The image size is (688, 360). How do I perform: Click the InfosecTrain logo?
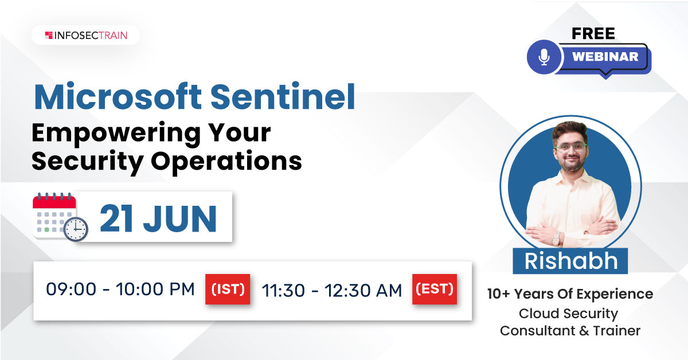86,36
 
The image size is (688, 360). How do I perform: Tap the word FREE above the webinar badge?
593,33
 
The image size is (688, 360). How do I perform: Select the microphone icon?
544,57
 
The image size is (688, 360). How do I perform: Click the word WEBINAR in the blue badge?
605,57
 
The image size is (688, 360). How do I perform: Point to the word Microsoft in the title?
118,96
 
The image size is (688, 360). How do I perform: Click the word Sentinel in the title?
283,96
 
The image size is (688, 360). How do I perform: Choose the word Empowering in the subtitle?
116,134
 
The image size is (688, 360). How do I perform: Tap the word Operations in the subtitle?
226,161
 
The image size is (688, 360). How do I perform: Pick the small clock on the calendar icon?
76,229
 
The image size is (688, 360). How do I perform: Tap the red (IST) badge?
228,289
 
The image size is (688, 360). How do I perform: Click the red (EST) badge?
435,289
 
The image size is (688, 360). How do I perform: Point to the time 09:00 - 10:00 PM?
120,289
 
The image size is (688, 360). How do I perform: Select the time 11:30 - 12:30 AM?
332,290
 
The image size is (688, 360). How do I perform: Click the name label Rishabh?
570,261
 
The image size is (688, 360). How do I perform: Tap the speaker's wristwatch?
556,238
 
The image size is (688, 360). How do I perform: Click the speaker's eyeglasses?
571,147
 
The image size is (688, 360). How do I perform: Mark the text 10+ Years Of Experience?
570,294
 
